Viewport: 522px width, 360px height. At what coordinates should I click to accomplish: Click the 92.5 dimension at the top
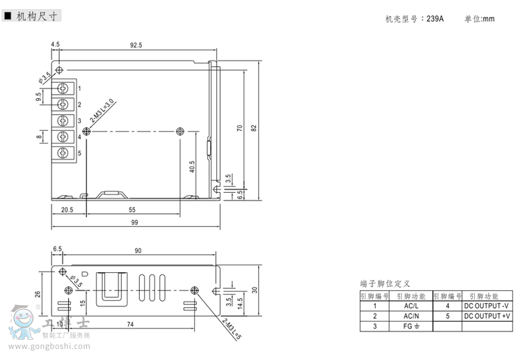(x=136, y=45)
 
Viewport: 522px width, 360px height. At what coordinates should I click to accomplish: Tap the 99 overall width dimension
(x=135, y=223)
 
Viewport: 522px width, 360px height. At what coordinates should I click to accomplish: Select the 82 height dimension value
(x=254, y=128)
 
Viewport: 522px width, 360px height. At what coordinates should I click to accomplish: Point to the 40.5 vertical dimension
(x=191, y=167)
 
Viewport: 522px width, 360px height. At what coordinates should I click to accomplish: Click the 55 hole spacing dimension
(x=132, y=210)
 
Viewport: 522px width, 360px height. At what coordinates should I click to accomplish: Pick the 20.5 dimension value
(x=68, y=210)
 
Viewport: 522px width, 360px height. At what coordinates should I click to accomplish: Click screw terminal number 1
(x=64, y=88)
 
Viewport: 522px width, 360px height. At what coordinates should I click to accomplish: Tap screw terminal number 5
(x=64, y=152)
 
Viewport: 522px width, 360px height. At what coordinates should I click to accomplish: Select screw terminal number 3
(x=64, y=120)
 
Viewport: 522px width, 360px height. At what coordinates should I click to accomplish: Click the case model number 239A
(x=436, y=19)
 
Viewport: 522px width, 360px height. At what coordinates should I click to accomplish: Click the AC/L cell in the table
(x=411, y=306)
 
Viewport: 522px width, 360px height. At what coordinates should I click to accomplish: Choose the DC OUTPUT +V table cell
(x=487, y=315)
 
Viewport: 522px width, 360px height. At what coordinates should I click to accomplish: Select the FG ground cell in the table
(x=411, y=326)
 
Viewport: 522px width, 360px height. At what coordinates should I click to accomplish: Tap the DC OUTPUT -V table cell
(x=487, y=306)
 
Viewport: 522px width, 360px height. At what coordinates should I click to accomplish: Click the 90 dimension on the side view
(x=138, y=250)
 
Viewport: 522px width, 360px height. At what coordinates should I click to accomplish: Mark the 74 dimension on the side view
(x=130, y=324)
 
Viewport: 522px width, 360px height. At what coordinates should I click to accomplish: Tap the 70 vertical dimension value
(x=239, y=128)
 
